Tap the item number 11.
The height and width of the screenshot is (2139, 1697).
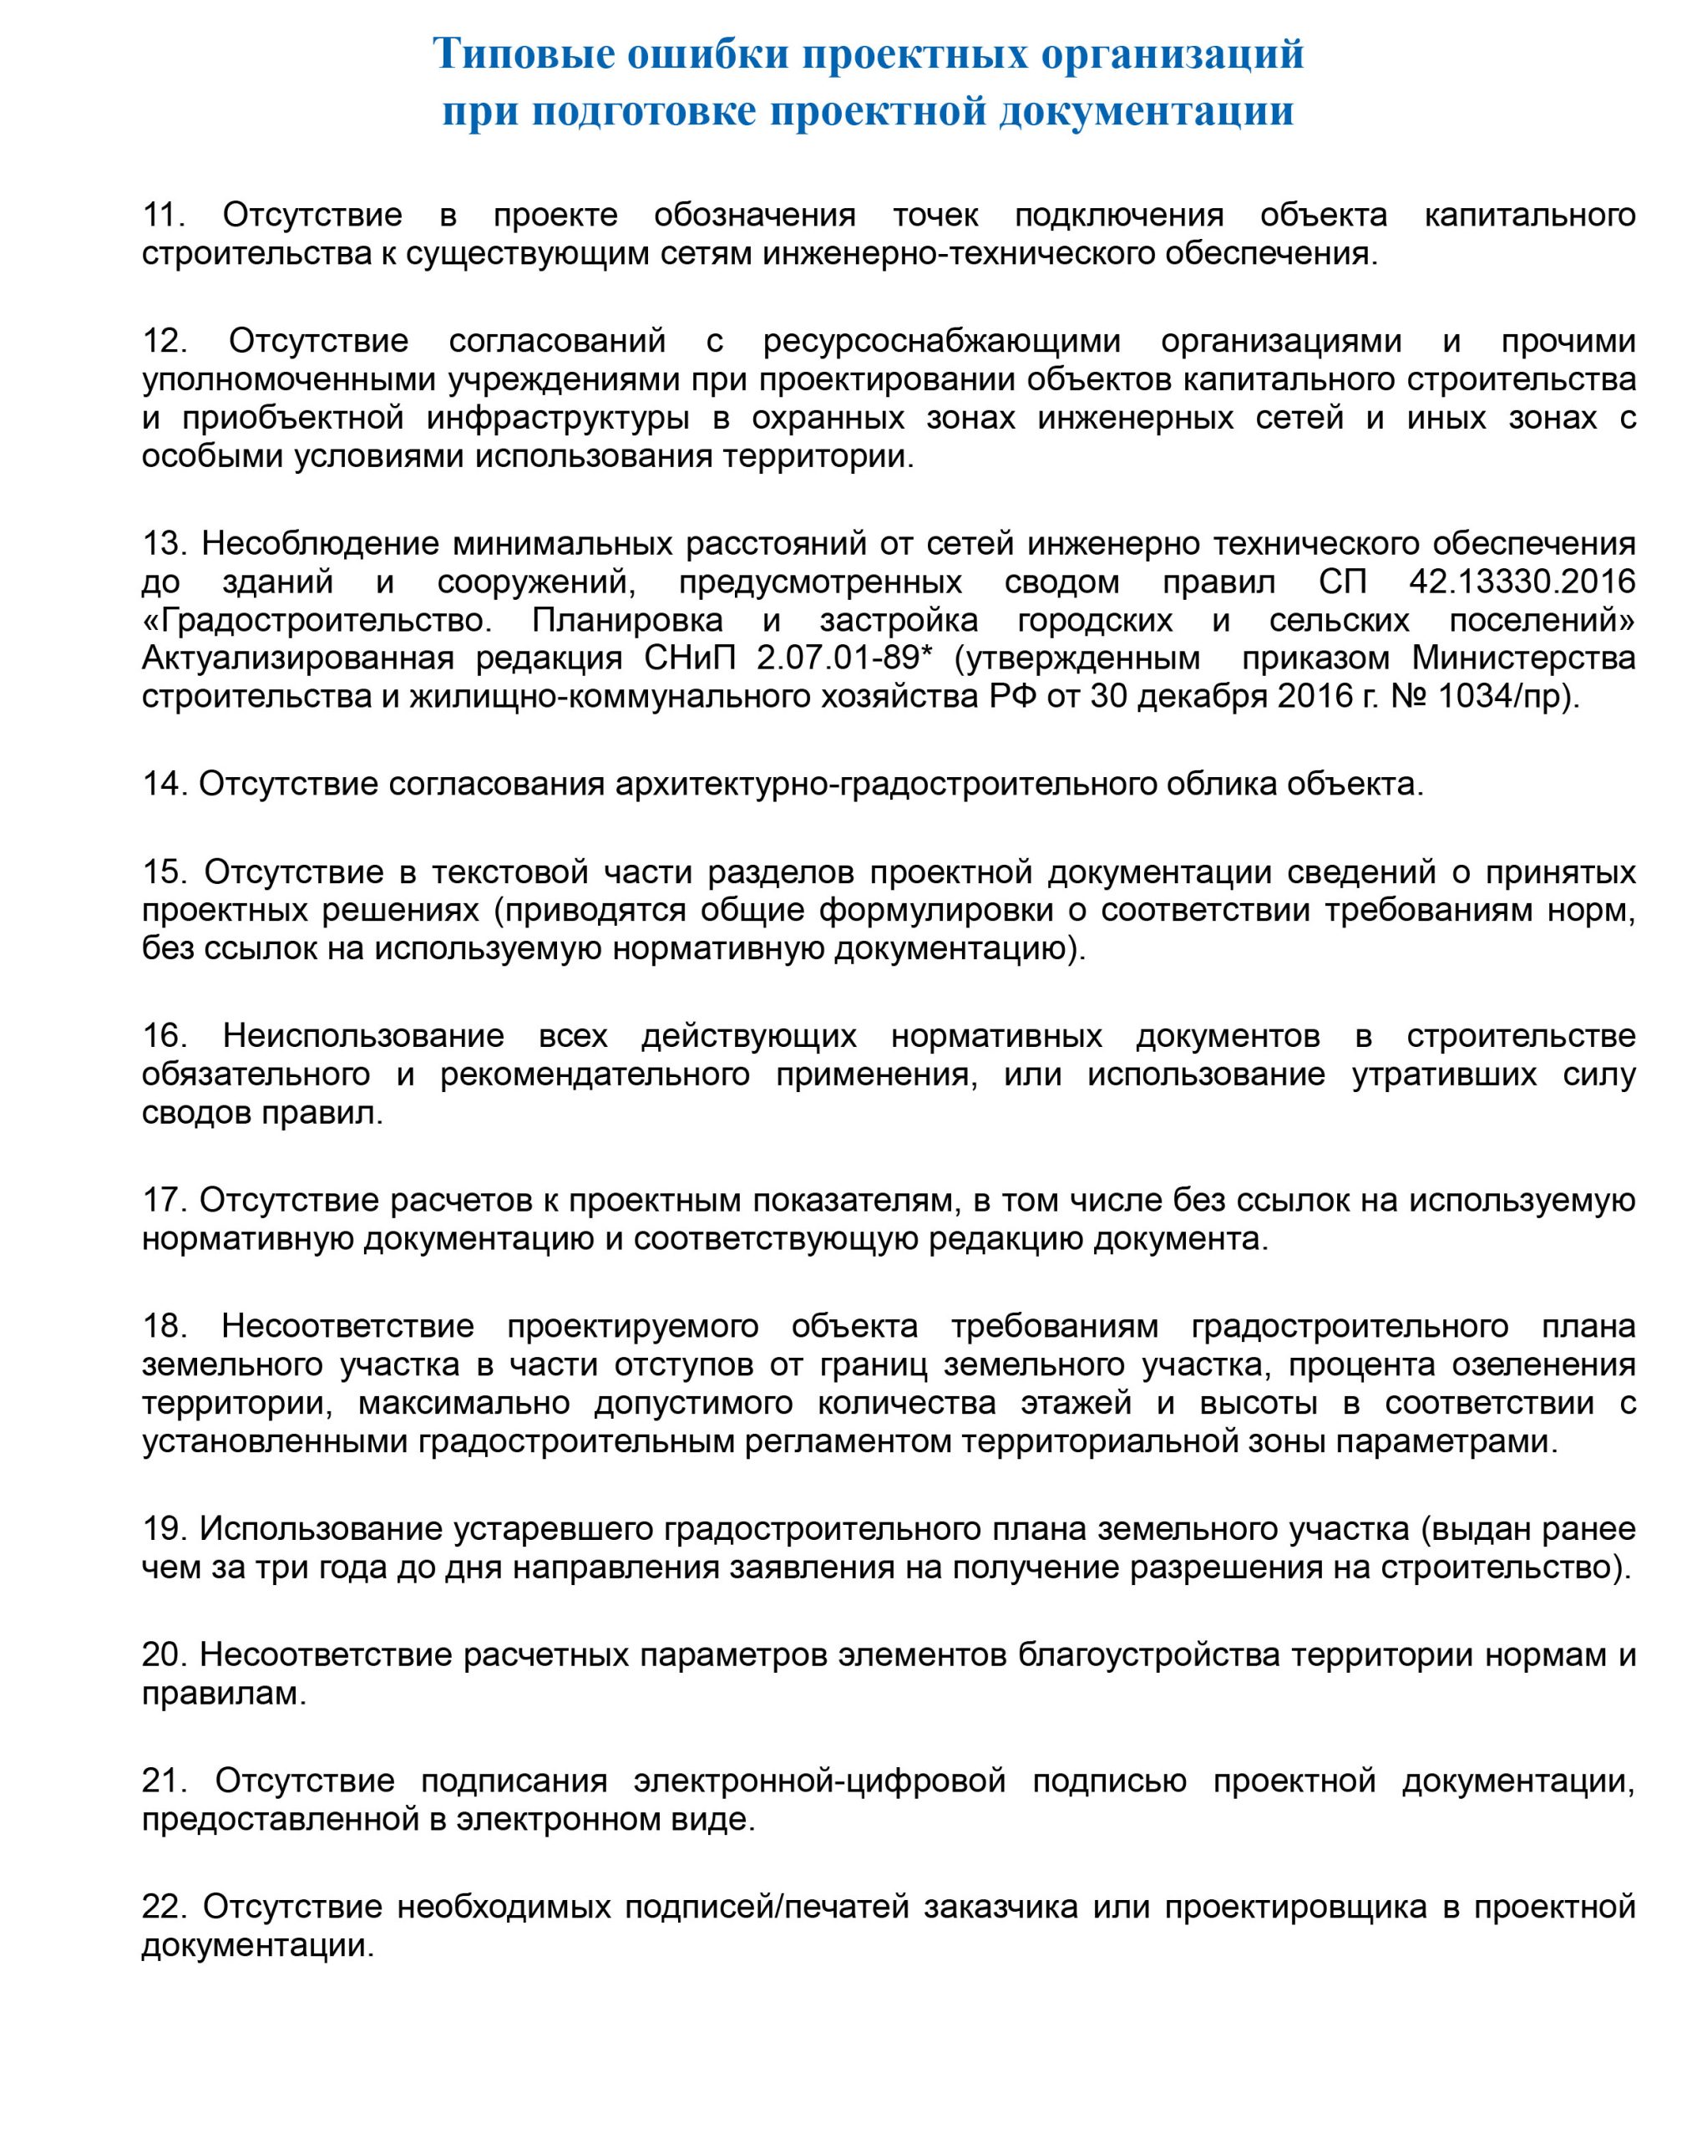(x=164, y=216)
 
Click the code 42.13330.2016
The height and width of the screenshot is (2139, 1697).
(x=1522, y=582)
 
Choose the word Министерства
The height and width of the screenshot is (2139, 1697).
(x=1523, y=658)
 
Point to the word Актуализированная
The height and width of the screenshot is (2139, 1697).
(x=297, y=658)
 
